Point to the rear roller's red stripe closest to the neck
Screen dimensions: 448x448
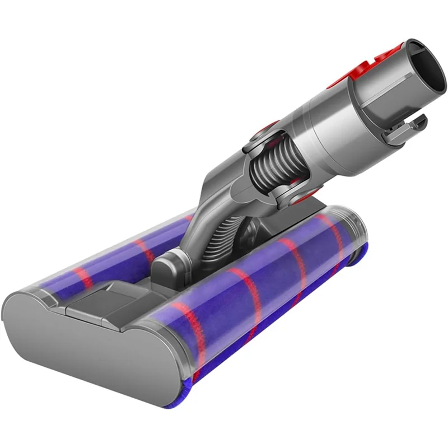tap(143, 249)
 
